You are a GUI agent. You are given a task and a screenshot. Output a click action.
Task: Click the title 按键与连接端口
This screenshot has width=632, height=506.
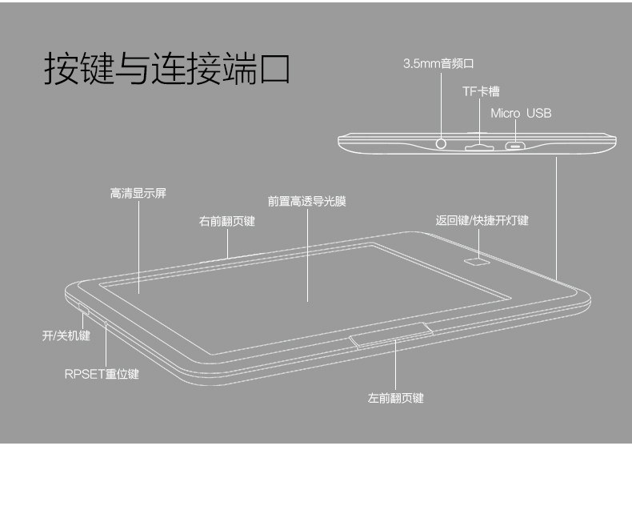pos(166,69)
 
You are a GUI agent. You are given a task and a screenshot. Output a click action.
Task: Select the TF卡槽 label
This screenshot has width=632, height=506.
pos(480,92)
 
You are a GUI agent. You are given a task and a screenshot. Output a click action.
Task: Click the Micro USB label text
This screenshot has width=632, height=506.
pos(521,114)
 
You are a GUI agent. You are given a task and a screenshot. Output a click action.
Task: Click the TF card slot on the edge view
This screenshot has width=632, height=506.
pos(479,147)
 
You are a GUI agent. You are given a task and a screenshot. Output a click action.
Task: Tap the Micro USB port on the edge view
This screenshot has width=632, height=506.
pos(516,147)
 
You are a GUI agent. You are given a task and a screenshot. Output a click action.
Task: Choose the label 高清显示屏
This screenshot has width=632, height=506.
pos(138,194)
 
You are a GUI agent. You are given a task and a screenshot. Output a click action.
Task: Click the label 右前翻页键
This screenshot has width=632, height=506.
pos(226,221)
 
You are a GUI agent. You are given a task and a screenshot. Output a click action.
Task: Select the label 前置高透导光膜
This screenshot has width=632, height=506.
pos(306,202)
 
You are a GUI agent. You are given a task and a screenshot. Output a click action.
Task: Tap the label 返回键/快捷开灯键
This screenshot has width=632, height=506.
pos(482,221)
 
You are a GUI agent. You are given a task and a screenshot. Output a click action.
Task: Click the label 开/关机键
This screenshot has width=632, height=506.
pos(66,336)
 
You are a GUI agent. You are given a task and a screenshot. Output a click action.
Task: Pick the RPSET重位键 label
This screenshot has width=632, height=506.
pos(102,374)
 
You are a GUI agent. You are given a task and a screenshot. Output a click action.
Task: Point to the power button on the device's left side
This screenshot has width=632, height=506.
pos(83,307)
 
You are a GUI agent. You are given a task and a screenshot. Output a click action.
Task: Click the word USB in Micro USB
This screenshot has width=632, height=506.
pos(538,114)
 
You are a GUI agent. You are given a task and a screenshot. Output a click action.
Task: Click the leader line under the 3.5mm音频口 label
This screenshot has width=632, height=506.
pos(443,100)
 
